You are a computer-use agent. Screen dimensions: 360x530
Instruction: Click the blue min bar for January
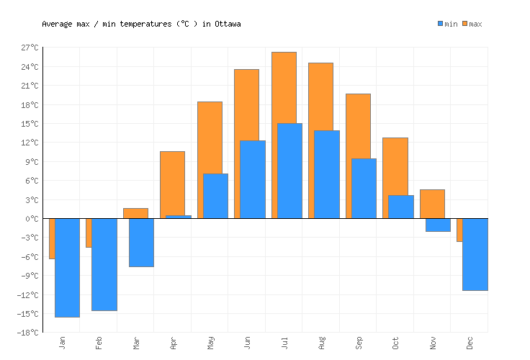[x=67, y=267]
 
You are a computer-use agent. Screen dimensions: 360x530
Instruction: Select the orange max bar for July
[x=284, y=86]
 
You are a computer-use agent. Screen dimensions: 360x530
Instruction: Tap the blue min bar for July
[x=289, y=171]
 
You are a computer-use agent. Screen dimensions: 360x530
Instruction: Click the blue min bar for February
[x=104, y=264]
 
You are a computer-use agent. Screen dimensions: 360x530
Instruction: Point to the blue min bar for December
[x=475, y=254]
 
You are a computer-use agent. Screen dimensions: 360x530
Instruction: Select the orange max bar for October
[x=395, y=166]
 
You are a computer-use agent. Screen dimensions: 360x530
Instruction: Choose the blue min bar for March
[x=141, y=243]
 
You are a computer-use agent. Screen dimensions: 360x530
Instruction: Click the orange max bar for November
[x=432, y=204]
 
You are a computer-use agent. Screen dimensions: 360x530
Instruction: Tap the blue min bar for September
[x=364, y=188]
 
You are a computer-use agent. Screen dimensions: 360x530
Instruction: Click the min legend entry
[x=447, y=24]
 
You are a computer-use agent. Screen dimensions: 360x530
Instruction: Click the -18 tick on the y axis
[x=30, y=333]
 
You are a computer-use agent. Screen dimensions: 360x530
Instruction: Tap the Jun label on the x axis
[x=248, y=342]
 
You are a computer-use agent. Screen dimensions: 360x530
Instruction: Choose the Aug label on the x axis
[x=322, y=342]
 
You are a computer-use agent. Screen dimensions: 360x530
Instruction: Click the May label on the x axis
[x=210, y=342]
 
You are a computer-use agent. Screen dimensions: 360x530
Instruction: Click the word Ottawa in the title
[x=228, y=24]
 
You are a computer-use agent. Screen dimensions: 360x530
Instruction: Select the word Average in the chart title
[x=56, y=24]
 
